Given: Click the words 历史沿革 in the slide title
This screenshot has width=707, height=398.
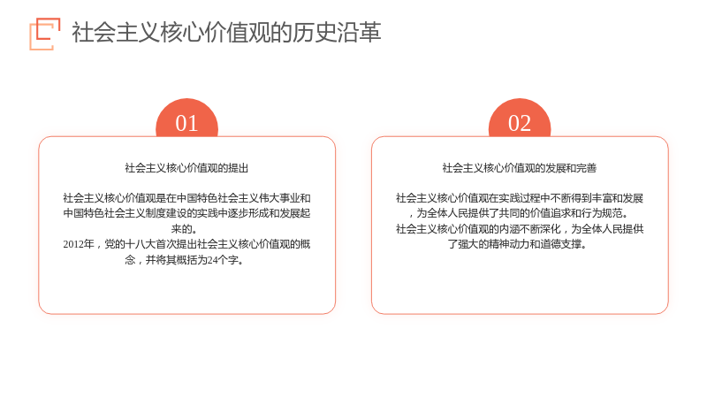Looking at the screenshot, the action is coord(337,33).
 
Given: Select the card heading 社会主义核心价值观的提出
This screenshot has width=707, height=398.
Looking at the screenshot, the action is coord(186,168).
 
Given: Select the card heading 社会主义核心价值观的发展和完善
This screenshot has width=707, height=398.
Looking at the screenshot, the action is coord(520,168).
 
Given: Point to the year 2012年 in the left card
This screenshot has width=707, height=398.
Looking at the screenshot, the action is coord(79,244).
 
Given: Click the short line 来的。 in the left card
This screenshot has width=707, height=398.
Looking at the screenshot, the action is coord(185,229).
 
